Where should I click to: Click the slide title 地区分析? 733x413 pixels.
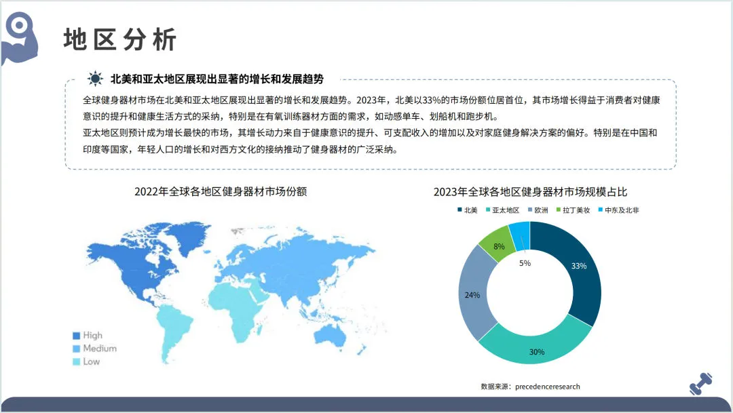click(120, 39)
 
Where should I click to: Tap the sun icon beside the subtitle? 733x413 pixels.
click(95, 79)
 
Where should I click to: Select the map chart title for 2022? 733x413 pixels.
click(221, 192)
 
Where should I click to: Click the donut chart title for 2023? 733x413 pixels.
click(531, 192)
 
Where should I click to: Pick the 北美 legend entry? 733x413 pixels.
click(467, 210)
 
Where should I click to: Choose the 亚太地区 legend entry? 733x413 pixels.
click(502, 210)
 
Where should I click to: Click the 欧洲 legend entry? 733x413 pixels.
click(537, 210)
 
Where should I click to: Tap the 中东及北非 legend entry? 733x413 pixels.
click(618, 210)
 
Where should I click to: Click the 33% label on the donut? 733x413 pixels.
click(579, 266)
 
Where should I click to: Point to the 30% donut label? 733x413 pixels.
click(537, 352)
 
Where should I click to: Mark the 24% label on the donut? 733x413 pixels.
click(472, 295)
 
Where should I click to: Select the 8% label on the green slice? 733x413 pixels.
click(499, 247)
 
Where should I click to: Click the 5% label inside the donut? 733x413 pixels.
click(525, 263)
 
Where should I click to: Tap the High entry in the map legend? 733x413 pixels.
click(92, 335)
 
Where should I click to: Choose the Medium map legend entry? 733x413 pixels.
click(99, 349)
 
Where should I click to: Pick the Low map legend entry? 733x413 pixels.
click(91, 361)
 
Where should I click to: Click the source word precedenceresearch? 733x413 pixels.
click(548, 387)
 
